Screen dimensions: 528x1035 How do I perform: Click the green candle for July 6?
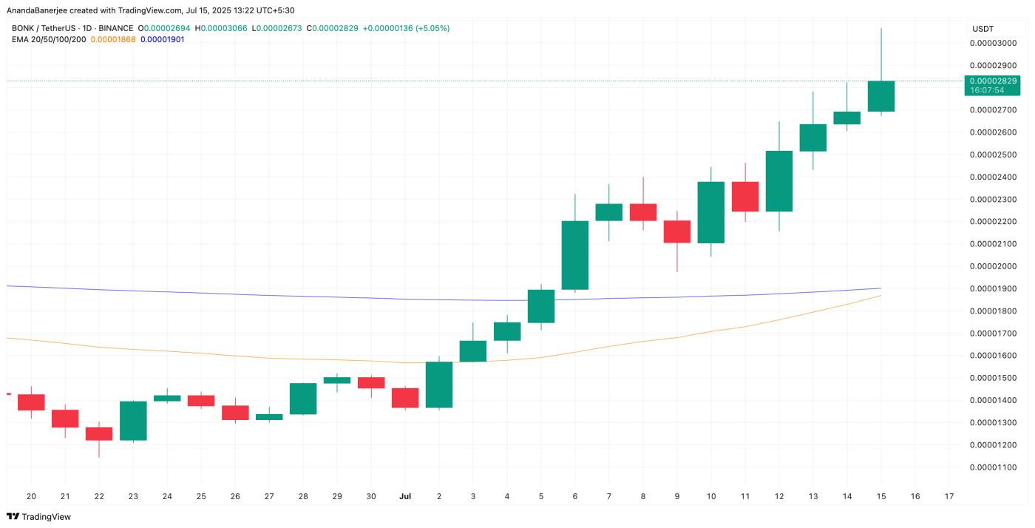pyautogui.click(x=575, y=255)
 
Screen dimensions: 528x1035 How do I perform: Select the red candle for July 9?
pyautogui.click(x=677, y=231)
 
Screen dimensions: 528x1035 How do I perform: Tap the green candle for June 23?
pyautogui.click(x=133, y=420)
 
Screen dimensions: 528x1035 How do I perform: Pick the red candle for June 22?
pyautogui.click(x=99, y=433)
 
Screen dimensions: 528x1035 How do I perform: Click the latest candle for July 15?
pyautogui.click(x=881, y=96)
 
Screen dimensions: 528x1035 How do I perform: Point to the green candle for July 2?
pyautogui.click(x=439, y=385)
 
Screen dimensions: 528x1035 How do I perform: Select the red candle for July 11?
pyautogui.click(x=745, y=196)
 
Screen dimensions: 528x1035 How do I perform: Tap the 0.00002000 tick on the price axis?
pyautogui.click(x=993, y=266)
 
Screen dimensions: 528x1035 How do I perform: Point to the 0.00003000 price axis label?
pyautogui.click(x=993, y=43)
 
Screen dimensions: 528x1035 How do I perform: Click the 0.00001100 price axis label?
pyautogui.click(x=993, y=467)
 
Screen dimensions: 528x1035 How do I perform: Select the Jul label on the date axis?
pyautogui.click(x=404, y=496)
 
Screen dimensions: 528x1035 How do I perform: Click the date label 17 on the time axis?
pyautogui.click(x=949, y=496)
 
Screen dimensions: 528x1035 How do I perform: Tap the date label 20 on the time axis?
pyautogui.click(x=31, y=496)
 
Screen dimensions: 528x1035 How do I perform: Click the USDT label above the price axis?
pyautogui.click(x=983, y=28)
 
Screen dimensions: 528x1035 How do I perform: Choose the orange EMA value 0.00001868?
pyautogui.click(x=112, y=39)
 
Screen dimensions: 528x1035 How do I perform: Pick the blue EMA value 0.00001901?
pyautogui.click(x=162, y=39)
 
